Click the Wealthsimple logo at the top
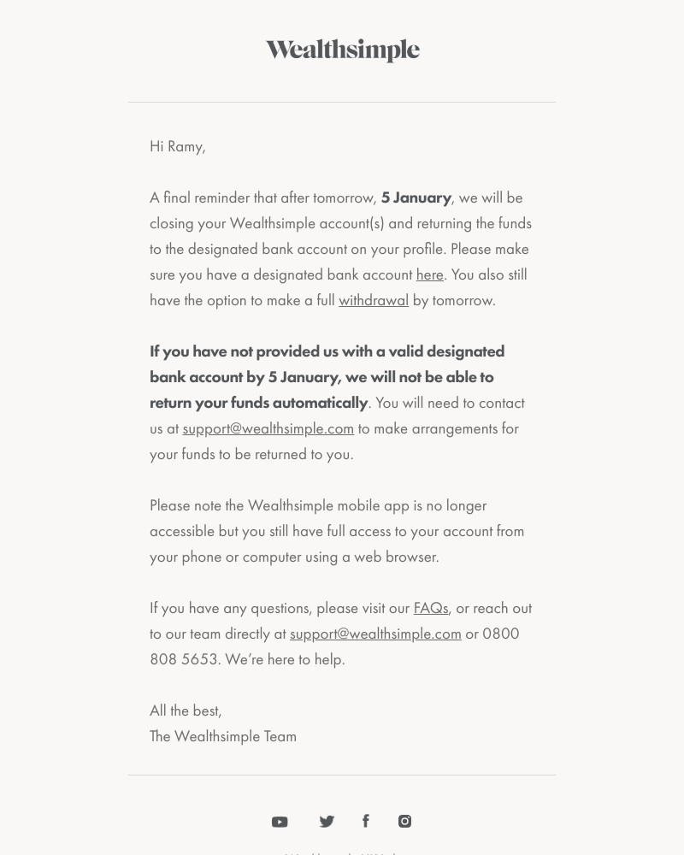pos(342,50)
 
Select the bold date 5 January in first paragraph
pos(416,198)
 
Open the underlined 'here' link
pos(429,274)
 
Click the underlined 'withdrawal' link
pos(373,300)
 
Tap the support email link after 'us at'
pos(268,428)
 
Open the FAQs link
pos(430,608)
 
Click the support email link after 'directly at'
pos(375,634)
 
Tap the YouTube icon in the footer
pos(280,822)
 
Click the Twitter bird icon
pos(327,822)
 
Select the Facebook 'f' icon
pos(366,821)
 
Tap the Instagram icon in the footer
pos(404,821)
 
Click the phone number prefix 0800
pos(501,634)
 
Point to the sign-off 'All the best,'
pos(186,711)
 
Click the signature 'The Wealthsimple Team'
pos(223,736)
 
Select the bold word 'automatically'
pos(320,403)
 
